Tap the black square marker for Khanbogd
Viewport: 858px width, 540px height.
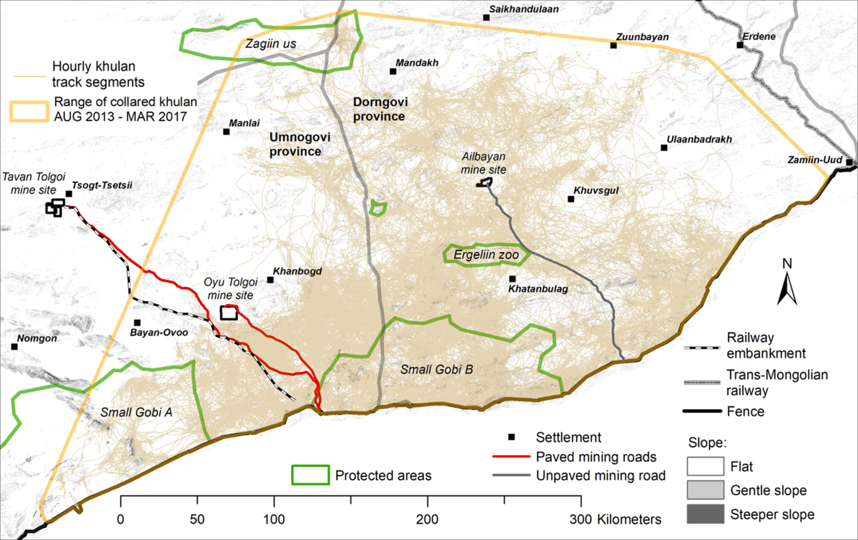(270, 280)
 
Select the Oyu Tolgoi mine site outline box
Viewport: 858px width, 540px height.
(229, 313)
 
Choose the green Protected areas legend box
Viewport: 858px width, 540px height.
(310, 475)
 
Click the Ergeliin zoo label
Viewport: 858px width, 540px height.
(486, 254)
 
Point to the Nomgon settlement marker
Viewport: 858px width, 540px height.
(14, 347)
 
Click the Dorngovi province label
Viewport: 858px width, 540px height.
(380, 109)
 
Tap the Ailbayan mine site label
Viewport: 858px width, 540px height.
(484, 163)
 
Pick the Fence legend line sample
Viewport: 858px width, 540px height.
(704, 412)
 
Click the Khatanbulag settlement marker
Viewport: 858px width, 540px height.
(513, 279)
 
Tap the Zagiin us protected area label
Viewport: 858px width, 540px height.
(269, 45)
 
